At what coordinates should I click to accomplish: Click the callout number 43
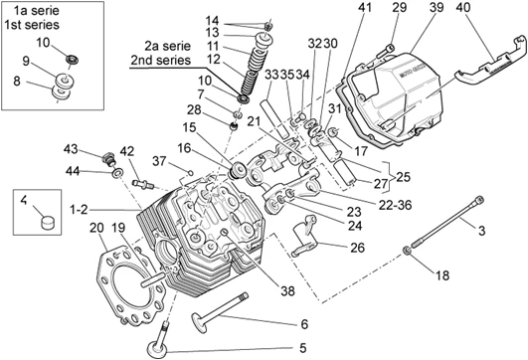point(71,149)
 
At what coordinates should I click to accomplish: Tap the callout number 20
point(96,228)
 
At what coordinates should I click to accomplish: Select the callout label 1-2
point(79,210)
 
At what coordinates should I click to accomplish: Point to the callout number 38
point(287,290)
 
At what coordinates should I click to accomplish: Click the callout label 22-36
point(395,205)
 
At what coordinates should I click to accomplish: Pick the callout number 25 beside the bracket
point(403,176)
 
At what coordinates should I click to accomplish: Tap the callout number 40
point(463,7)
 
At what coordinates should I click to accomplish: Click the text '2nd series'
point(161,60)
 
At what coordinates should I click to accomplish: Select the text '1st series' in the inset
point(32,25)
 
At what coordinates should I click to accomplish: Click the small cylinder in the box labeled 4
point(48,223)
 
